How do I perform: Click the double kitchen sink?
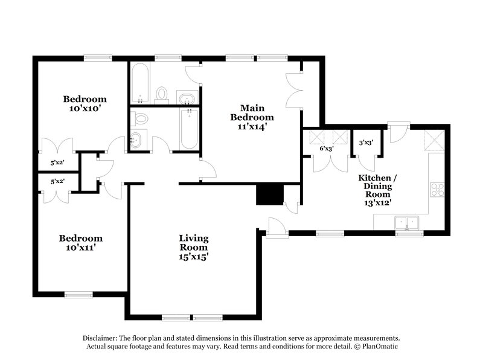tap(408, 223)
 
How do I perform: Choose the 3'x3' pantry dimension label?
tap(365, 144)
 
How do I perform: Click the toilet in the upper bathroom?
tap(161, 94)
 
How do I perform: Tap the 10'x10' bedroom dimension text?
tap(85, 109)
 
